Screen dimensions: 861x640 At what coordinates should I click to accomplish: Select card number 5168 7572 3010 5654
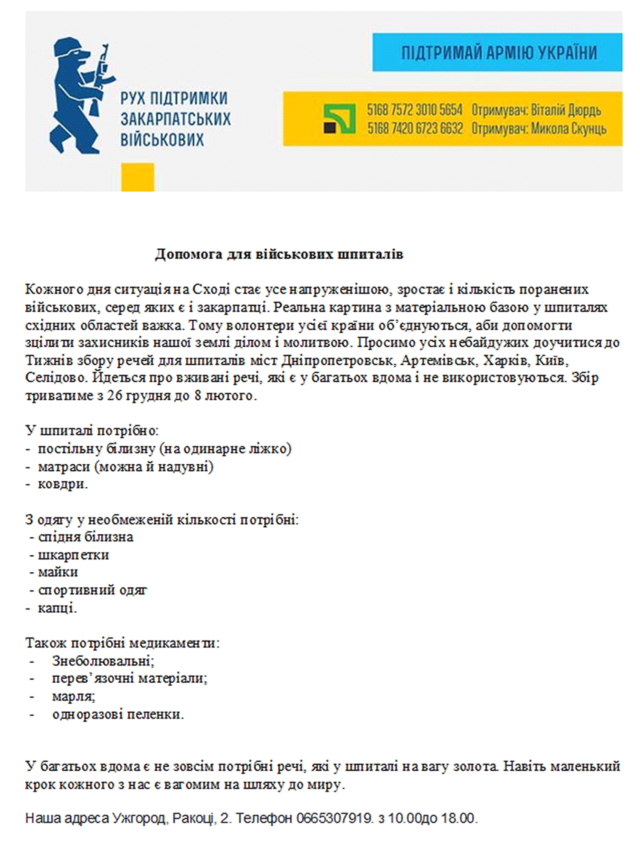tap(414, 110)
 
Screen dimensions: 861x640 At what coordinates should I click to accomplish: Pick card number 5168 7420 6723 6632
tap(415, 128)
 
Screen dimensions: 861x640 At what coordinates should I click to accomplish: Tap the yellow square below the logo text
tap(138, 177)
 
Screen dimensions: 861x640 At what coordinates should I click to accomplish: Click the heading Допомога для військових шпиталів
tap(279, 254)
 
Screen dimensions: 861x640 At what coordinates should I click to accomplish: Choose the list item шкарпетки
tap(74, 555)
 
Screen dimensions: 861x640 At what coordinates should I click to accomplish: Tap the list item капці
tap(57, 608)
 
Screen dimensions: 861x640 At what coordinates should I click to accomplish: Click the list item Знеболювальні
tap(103, 660)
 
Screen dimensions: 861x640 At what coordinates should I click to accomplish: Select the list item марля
tap(74, 696)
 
